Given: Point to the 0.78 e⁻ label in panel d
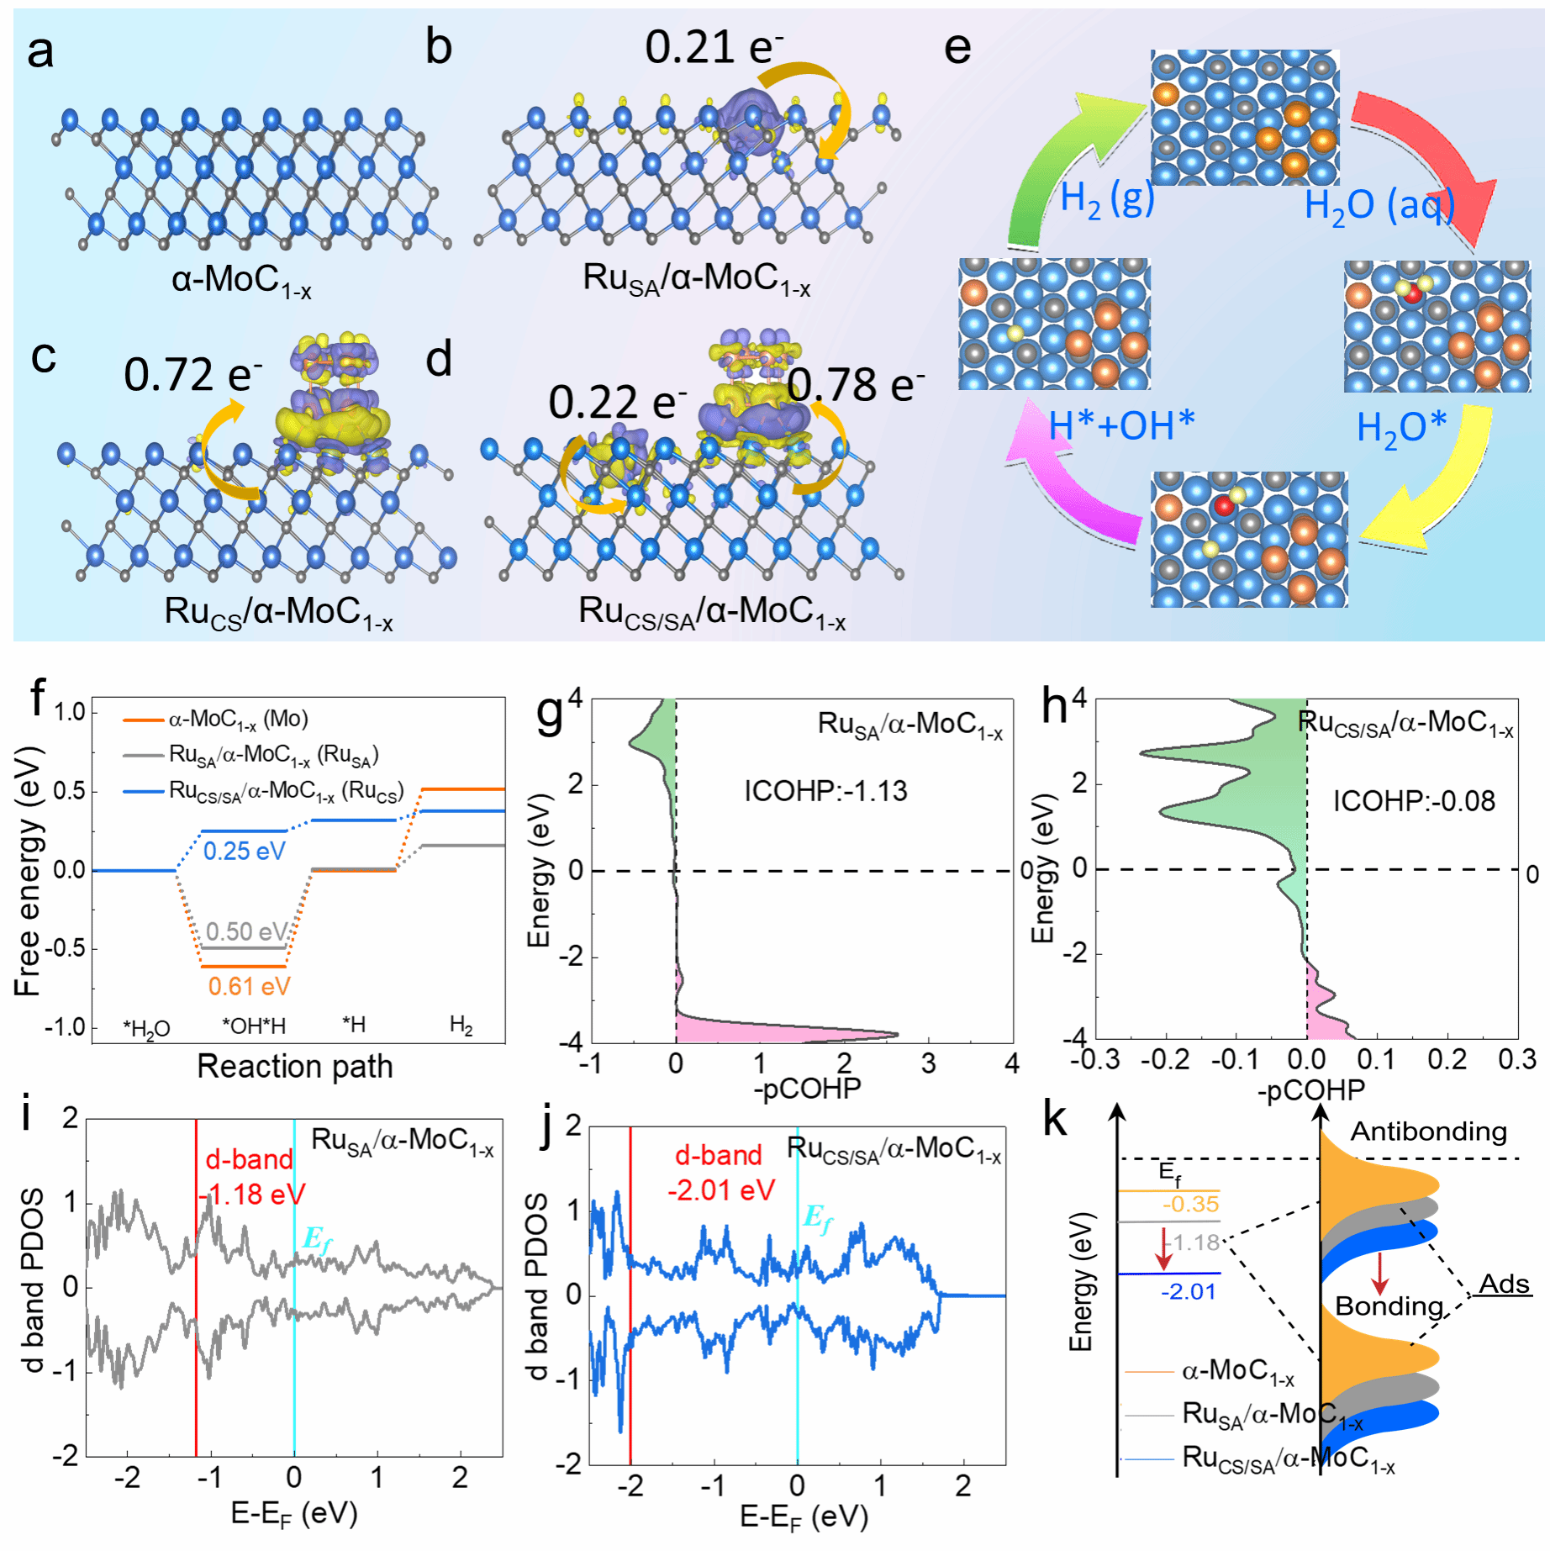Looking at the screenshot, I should (856, 386).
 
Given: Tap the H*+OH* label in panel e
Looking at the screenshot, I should (1121, 425).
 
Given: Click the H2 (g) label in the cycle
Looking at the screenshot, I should (1107, 199).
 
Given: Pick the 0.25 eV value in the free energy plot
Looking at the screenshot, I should (245, 851).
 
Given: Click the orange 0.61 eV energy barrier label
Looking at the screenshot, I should (250, 986).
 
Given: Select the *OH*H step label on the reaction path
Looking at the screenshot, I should (254, 1026).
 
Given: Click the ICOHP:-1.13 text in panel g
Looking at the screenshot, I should (825, 791).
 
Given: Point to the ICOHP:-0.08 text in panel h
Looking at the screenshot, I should (1414, 801).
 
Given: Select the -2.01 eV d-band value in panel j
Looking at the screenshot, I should (721, 1190).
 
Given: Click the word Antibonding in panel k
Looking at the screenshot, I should (1428, 1132).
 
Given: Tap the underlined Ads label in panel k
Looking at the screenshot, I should (1504, 1284).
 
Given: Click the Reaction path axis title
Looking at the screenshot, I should (294, 1066).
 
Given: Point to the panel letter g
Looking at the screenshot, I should (550, 713).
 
